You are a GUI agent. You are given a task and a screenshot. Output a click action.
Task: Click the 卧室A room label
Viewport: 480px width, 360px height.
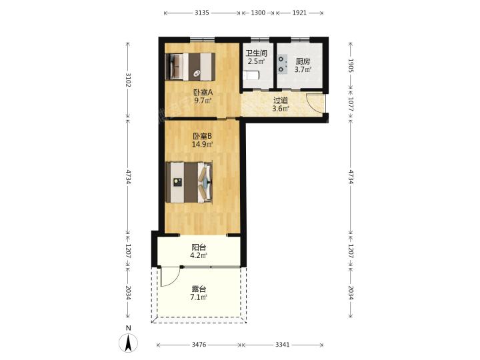tap(203, 92)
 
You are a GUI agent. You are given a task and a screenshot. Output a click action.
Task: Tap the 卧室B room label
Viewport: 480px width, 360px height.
tap(203, 136)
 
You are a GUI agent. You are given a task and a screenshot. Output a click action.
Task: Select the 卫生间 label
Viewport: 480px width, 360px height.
tap(257, 53)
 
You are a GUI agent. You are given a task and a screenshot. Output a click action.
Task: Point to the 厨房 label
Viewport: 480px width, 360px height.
tap(303, 61)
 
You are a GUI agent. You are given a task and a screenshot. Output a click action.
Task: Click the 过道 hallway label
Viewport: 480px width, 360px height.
tap(281, 100)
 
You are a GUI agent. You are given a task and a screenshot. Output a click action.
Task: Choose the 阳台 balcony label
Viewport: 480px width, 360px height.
tap(199, 247)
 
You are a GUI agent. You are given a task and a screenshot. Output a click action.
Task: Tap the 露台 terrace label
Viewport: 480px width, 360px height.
tap(199, 289)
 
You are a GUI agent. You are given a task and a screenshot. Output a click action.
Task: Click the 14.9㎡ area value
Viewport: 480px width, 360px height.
tap(203, 144)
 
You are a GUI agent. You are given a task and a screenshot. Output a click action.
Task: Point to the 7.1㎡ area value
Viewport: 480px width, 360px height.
tap(199, 297)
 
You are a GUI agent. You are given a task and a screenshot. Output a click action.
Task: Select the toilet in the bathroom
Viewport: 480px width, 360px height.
tap(251, 75)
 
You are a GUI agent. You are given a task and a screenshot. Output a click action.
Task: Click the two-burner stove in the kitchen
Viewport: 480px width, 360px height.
tap(283, 64)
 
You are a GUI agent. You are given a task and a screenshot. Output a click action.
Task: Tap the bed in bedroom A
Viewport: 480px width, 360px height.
tap(190, 67)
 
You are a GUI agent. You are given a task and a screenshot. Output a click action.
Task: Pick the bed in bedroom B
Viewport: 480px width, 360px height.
tap(189, 183)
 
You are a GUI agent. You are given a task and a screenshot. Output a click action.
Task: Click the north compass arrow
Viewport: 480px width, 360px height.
tap(128, 343)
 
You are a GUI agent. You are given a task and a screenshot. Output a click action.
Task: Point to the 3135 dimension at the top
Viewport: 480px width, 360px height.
tap(202, 13)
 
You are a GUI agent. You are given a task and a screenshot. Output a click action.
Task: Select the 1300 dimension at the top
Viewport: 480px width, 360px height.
tap(258, 13)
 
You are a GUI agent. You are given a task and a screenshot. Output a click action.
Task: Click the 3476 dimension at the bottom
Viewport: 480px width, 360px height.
tap(199, 345)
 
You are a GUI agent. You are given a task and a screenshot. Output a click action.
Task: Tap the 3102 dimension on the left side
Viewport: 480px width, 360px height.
tap(128, 80)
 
